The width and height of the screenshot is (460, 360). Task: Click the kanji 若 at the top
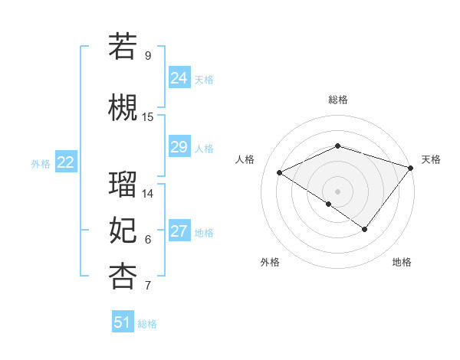click(x=123, y=45)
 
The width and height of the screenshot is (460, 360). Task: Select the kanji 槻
click(x=123, y=107)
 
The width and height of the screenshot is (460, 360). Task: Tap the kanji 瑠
click(x=123, y=184)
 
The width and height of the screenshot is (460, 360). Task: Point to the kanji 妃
click(x=123, y=230)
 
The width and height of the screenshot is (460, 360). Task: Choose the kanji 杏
click(x=123, y=276)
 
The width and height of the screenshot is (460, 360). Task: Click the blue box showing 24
click(x=179, y=78)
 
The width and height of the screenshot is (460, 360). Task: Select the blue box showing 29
click(x=179, y=147)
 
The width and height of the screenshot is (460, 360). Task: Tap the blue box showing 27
click(x=179, y=232)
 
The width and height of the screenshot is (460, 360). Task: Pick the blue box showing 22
click(x=65, y=162)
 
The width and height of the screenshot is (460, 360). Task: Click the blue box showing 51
click(x=123, y=322)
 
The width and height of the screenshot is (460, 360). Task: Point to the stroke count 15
click(x=148, y=117)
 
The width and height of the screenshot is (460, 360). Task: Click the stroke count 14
click(x=148, y=193)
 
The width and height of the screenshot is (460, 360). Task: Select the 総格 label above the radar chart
click(x=337, y=100)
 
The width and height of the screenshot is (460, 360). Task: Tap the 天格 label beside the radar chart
click(x=431, y=159)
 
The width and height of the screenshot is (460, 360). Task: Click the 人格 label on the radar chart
click(x=245, y=159)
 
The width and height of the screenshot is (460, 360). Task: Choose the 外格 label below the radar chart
click(x=270, y=262)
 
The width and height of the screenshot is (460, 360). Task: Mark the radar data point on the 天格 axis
click(x=411, y=168)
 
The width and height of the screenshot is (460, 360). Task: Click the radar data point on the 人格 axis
click(x=280, y=173)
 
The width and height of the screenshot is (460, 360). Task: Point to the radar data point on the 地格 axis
click(x=365, y=229)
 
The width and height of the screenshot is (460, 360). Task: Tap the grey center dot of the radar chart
click(x=337, y=191)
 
